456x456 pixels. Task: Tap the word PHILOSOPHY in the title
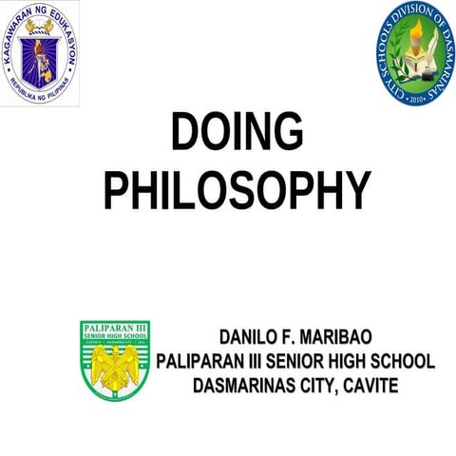click(x=237, y=189)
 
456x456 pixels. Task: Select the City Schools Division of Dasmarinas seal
click(x=413, y=53)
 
